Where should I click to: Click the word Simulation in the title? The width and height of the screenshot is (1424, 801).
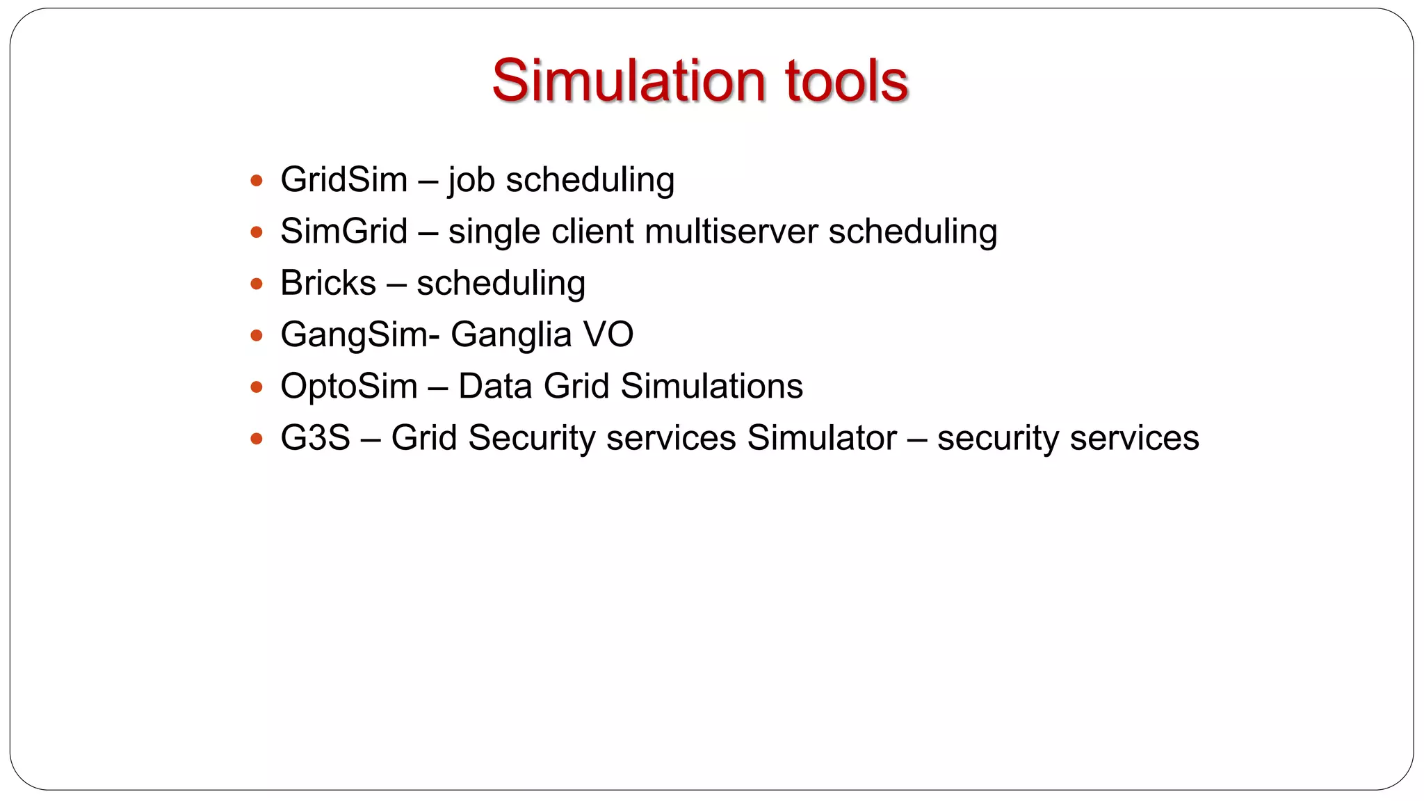point(629,81)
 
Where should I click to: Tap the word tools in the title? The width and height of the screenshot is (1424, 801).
point(846,81)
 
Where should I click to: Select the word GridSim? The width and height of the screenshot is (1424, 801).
point(343,180)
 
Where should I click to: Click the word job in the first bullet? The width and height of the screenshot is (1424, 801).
point(471,180)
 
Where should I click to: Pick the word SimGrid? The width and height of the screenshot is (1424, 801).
point(343,232)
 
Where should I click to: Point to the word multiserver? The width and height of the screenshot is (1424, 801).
point(731,232)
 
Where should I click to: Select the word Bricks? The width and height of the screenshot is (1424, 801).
point(328,283)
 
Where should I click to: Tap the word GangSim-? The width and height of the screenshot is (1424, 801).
point(359,334)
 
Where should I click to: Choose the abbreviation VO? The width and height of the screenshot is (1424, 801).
point(608,334)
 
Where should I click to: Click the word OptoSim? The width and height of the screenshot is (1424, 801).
point(348,386)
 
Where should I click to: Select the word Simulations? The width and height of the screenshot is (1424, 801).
point(711,386)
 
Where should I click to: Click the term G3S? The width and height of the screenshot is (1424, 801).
point(315,438)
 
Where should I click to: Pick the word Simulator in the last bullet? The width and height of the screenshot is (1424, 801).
point(822,438)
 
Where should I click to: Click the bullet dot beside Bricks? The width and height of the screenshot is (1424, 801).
point(257,284)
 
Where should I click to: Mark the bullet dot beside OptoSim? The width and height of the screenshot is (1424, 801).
point(257,387)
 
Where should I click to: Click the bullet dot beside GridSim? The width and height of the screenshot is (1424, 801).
point(257,181)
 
